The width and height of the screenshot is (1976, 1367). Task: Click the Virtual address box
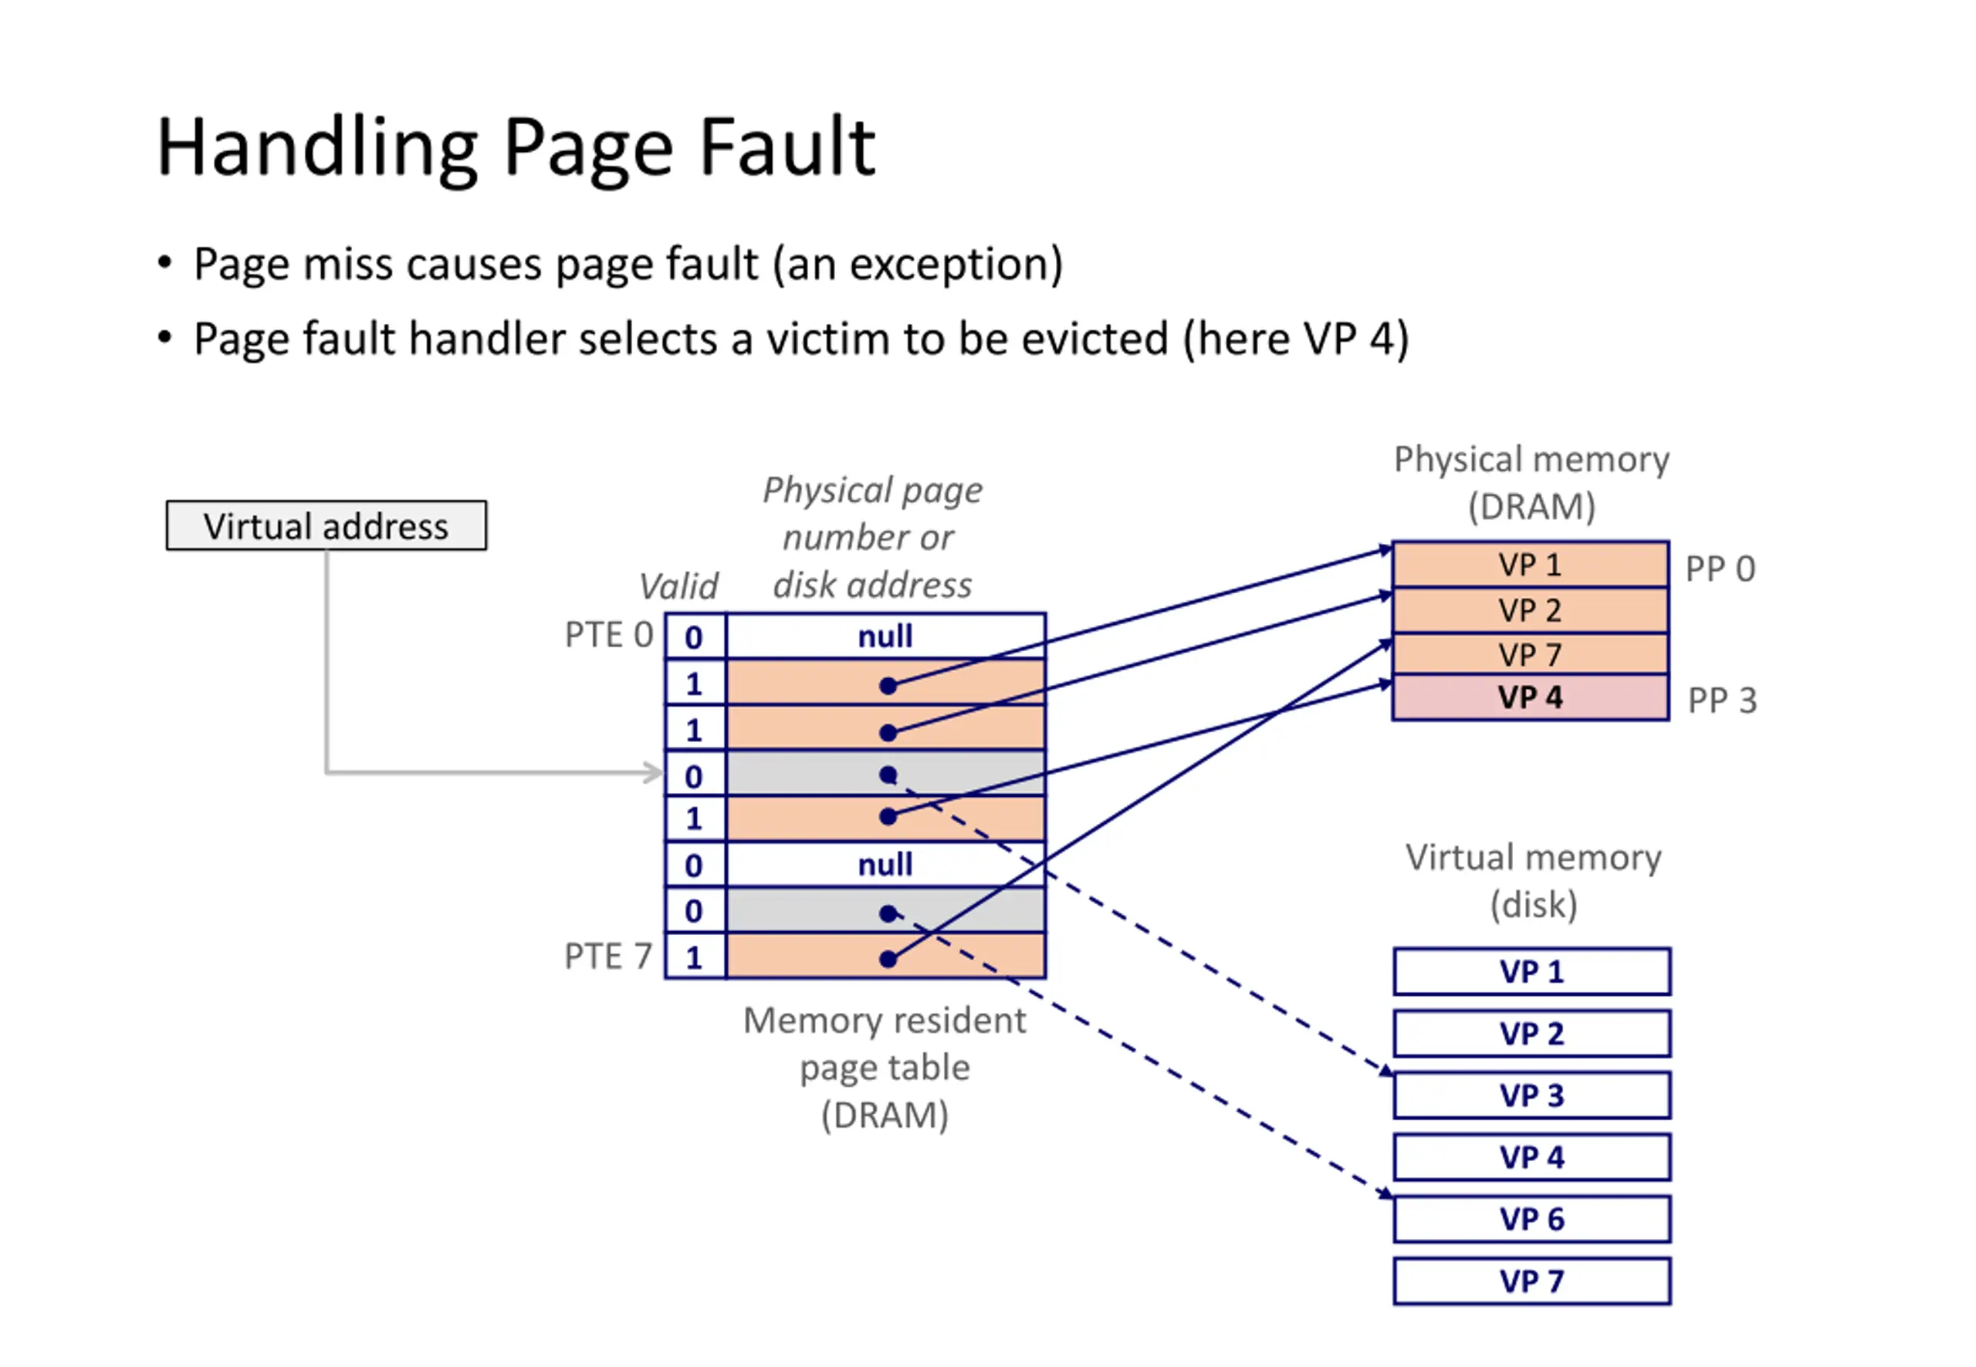tap(326, 525)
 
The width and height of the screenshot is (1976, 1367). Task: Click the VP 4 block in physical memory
tap(1530, 697)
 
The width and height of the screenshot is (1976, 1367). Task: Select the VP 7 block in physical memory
tap(1530, 654)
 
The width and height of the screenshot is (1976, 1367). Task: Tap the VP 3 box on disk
tap(1531, 1095)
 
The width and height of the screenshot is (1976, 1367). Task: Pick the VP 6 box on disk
tap(1531, 1218)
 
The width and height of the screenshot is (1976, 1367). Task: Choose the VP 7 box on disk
tap(1531, 1281)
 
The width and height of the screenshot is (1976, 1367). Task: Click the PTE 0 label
tap(608, 635)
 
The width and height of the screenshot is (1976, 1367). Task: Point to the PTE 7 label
tap(607, 956)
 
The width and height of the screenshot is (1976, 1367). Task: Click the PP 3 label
tap(1721, 700)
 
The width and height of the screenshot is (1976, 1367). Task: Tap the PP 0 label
tap(1720, 569)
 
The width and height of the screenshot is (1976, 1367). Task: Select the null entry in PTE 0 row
tap(885, 636)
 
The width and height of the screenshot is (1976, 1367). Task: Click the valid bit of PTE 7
tap(694, 957)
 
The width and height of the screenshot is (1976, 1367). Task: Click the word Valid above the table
tap(678, 587)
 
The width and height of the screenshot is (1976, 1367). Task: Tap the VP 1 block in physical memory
tap(1530, 565)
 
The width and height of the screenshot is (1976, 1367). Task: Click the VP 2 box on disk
tap(1531, 1033)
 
